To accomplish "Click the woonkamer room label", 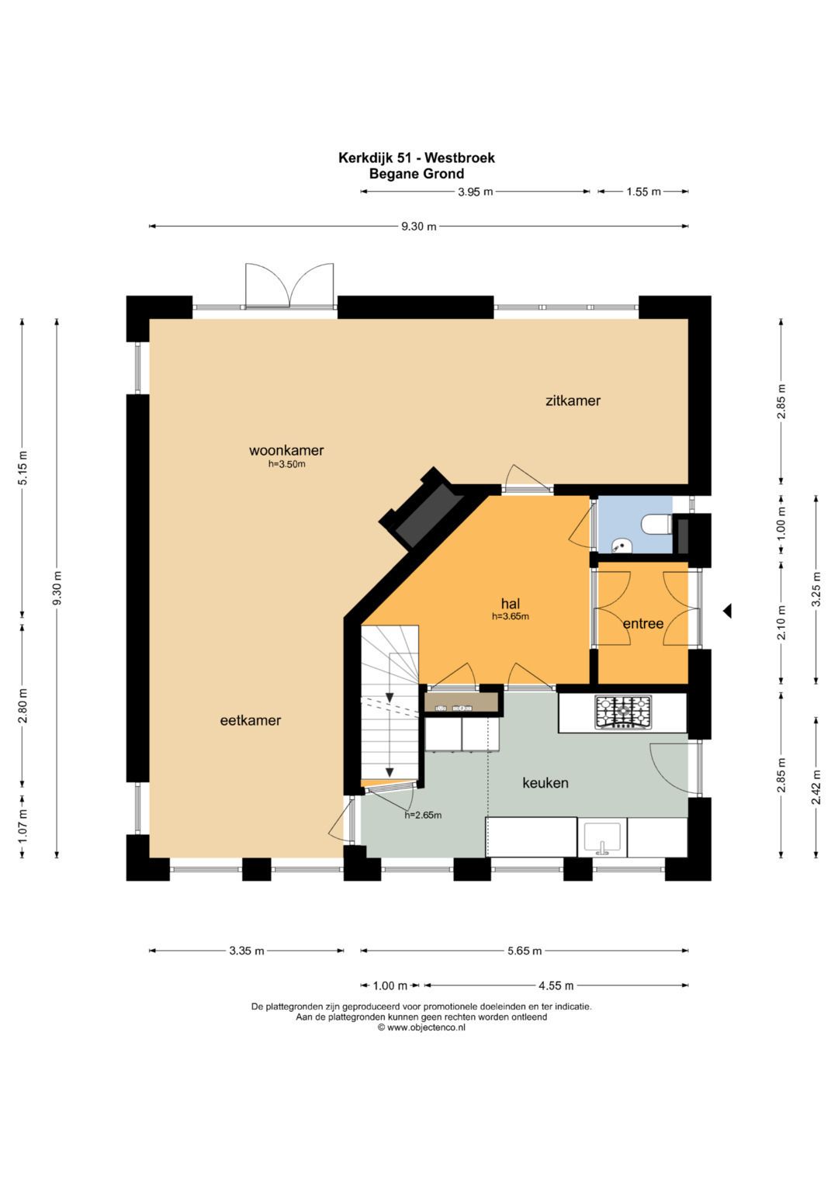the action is pyautogui.click(x=286, y=450).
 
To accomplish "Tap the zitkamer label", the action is pyautogui.click(x=573, y=400).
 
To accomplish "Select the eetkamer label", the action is pyautogui.click(x=250, y=720).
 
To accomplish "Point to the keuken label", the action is pyautogui.click(x=545, y=783).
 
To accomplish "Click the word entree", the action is pyautogui.click(x=642, y=624).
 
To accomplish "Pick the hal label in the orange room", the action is pyautogui.click(x=511, y=604).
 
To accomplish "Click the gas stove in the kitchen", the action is pyautogui.click(x=623, y=712).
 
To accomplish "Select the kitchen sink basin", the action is pyautogui.click(x=602, y=837).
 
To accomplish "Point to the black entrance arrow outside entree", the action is pyautogui.click(x=728, y=611).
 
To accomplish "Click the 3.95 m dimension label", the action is pyautogui.click(x=475, y=192).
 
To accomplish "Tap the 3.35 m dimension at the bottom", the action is pyautogui.click(x=247, y=951).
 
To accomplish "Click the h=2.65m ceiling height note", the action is pyautogui.click(x=423, y=815).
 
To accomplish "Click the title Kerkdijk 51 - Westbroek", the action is pyautogui.click(x=417, y=158).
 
